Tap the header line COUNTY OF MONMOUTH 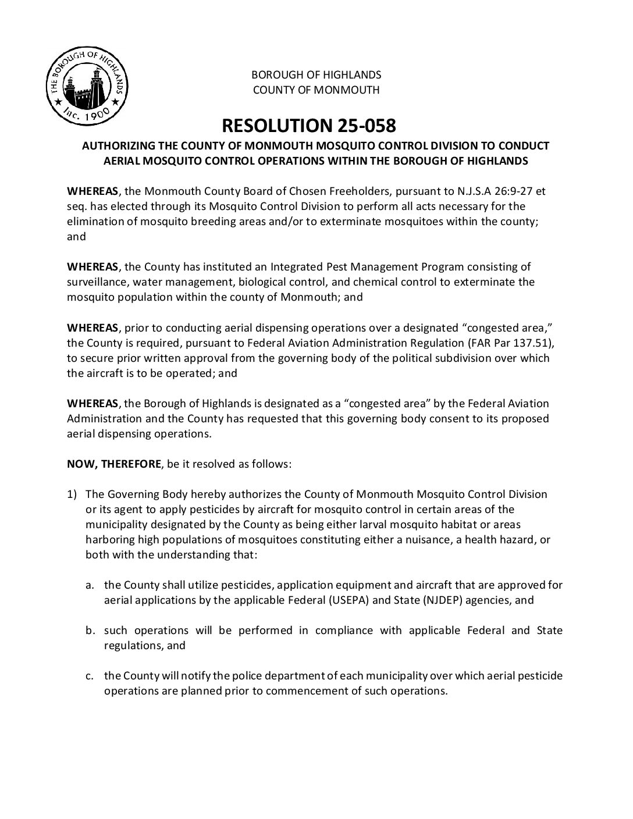(316, 90)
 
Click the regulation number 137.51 (527, 343)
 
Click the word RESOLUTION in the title (270, 125)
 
